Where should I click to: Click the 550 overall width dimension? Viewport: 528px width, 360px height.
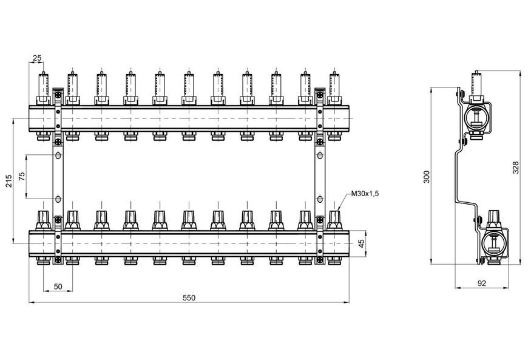pyautogui.click(x=189, y=297)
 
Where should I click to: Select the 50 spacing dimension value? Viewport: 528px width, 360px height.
pyautogui.click(x=58, y=287)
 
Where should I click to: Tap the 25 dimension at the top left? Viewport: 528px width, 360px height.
pyautogui.click(x=37, y=58)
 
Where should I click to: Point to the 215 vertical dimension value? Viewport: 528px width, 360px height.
pyautogui.click(x=8, y=180)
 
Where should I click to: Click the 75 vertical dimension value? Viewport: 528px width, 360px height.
pyautogui.click(x=22, y=177)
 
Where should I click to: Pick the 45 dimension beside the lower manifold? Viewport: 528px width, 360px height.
pyautogui.click(x=362, y=243)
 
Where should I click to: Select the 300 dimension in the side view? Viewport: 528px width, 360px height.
pyautogui.click(x=427, y=177)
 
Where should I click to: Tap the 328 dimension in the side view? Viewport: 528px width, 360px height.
pyautogui.click(x=515, y=168)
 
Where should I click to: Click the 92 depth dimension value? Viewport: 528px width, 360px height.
pyautogui.click(x=482, y=284)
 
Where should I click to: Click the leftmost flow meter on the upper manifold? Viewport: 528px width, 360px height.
pyautogui.click(x=44, y=88)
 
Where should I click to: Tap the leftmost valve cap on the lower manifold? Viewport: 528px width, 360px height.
pyautogui.click(x=44, y=220)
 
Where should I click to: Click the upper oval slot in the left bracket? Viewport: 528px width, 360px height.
pyautogui.click(x=58, y=155)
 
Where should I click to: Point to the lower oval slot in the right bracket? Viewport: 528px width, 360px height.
pyautogui.click(x=320, y=199)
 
